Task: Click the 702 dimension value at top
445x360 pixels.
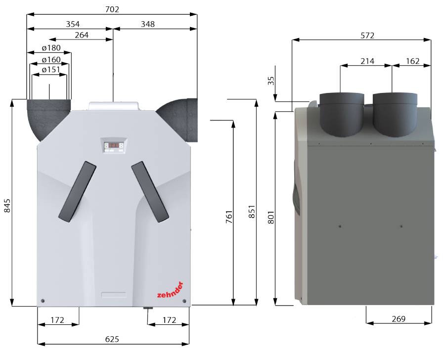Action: (x=112, y=9)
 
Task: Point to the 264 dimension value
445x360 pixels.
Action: (x=81, y=35)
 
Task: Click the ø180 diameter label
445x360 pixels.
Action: (x=51, y=48)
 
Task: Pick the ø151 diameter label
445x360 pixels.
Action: (x=51, y=70)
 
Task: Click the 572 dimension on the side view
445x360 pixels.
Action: (x=367, y=35)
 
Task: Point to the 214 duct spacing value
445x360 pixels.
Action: (x=367, y=61)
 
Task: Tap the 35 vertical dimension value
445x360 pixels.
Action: (x=271, y=81)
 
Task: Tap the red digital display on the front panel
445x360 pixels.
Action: (x=114, y=145)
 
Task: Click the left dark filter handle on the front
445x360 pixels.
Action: (x=77, y=190)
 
